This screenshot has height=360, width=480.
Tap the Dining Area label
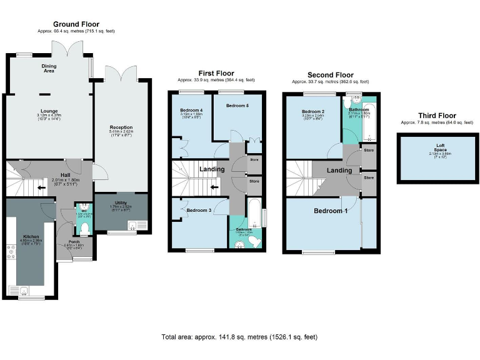click(x=49, y=68)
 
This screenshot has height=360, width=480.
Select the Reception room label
click(x=121, y=127)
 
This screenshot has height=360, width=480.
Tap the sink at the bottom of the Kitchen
click(x=22, y=290)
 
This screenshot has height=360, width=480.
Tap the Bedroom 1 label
click(x=331, y=211)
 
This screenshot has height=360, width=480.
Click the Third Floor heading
click(x=437, y=116)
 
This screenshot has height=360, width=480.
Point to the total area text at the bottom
click(x=239, y=337)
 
